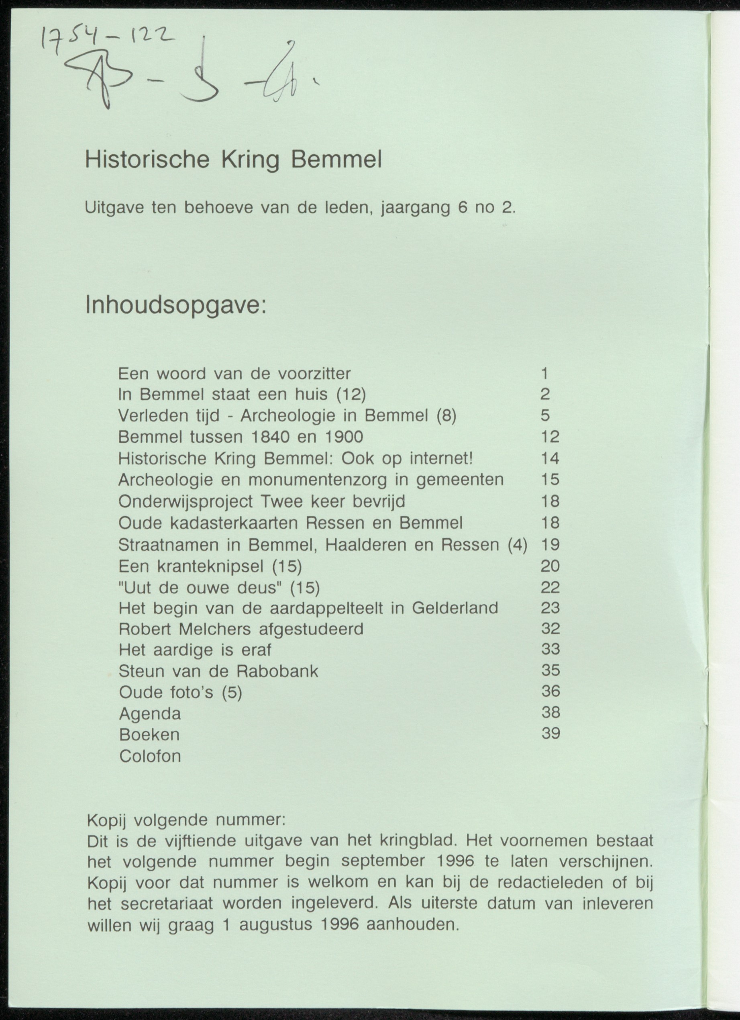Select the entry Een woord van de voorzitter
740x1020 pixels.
pos(234,373)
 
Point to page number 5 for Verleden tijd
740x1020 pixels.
pos(545,415)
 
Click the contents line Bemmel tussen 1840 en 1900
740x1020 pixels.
pos(241,437)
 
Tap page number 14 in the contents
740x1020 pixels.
pos(550,458)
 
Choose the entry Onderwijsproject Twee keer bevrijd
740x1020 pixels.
pos(262,501)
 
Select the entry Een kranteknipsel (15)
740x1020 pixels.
pos(210,566)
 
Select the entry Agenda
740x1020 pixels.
pos(150,714)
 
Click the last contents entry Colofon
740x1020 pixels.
pos(150,756)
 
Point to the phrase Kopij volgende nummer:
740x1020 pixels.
pos(186,820)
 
